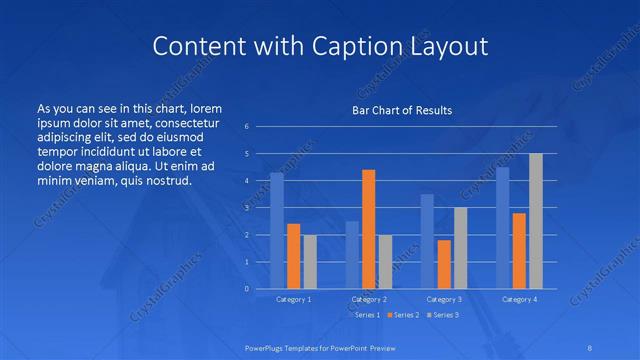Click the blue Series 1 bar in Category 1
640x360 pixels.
[x=277, y=231]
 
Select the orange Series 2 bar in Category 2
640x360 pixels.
[x=368, y=229]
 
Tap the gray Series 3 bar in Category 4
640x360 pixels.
[x=536, y=221]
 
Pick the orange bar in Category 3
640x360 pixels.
[x=444, y=264]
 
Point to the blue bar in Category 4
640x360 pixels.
[x=503, y=228]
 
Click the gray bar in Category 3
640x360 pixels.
[x=460, y=248]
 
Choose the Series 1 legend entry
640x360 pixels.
[x=364, y=315]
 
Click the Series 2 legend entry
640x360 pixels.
[x=403, y=315]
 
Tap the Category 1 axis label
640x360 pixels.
[x=293, y=299]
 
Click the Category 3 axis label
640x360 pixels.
[x=444, y=299]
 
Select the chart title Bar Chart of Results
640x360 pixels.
[x=401, y=110]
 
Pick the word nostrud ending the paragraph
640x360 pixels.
[x=165, y=181]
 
